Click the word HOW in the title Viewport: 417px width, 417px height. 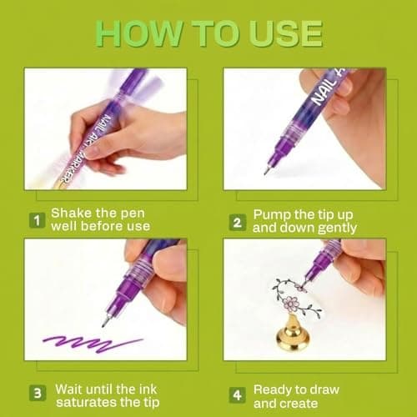tap(139, 33)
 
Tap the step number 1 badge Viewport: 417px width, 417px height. tap(38, 220)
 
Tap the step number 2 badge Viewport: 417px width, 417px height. tap(238, 223)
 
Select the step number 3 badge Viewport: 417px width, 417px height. tap(38, 393)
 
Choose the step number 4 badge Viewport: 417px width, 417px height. tap(237, 395)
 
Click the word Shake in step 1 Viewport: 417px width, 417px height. tap(72, 214)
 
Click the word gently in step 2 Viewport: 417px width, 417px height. tap(337, 229)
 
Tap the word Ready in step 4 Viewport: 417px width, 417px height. tap(272, 390)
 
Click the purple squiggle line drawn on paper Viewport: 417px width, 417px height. tap(93, 344)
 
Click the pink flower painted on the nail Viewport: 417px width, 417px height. tap(291, 303)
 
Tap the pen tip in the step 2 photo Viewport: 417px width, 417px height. tap(267, 170)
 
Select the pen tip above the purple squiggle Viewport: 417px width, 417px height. tap(105, 322)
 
